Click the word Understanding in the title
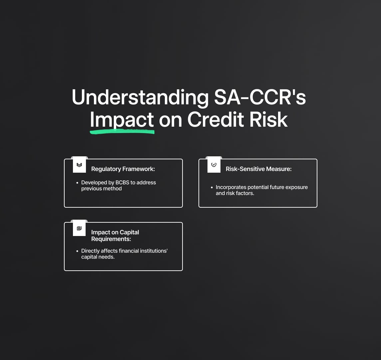point(140,98)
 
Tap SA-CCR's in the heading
point(260,97)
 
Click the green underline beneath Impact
point(122,132)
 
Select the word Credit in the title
point(216,119)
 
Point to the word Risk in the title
point(268,119)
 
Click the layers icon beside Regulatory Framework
point(79,165)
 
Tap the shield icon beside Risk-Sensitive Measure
point(214,165)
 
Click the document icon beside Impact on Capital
point(79,228)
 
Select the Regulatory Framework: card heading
point(123,169)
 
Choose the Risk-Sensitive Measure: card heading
point(258,169)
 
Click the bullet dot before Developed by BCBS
point(77,183)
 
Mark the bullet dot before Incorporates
point(212,187)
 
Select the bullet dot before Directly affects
point(77,251)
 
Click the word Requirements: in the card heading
point(111,239)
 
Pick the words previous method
point(101,189)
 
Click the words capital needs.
point(98,257)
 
